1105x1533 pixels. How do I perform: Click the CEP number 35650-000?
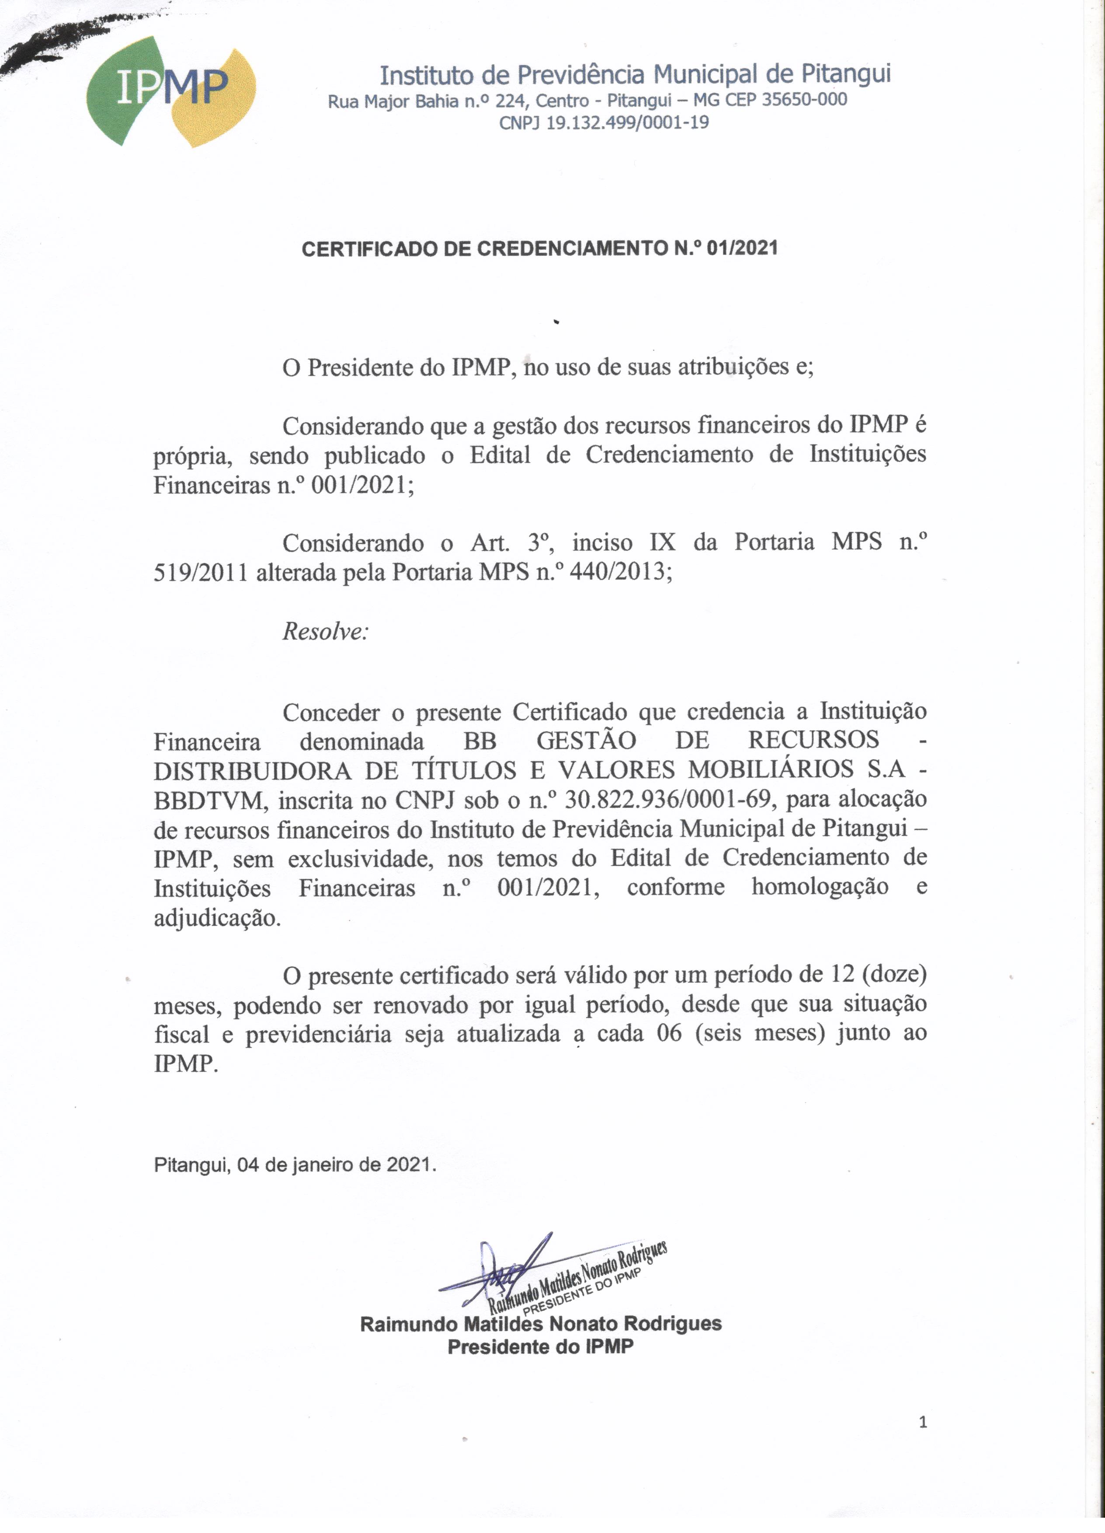(x=804, y=100)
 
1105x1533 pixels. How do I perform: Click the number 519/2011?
(x=201, y=573)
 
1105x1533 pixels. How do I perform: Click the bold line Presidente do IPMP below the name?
(x=541, y=1346)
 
